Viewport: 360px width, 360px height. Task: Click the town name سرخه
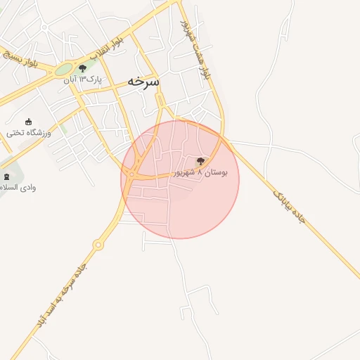point(143,82)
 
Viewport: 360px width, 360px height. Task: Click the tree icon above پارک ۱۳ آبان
point(83,68)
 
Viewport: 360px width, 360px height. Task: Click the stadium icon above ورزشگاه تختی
point(28,121)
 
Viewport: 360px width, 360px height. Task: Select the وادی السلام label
point(19,188)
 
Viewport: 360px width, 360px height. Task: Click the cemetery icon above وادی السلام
point(7,176)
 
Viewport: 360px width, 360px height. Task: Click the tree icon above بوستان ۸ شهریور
point(200,162)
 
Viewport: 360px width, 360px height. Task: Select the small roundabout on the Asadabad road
point(98,245)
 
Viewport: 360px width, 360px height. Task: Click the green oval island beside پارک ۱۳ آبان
point(64,70)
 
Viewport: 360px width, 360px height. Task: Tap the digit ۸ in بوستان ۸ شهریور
point(200,172)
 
